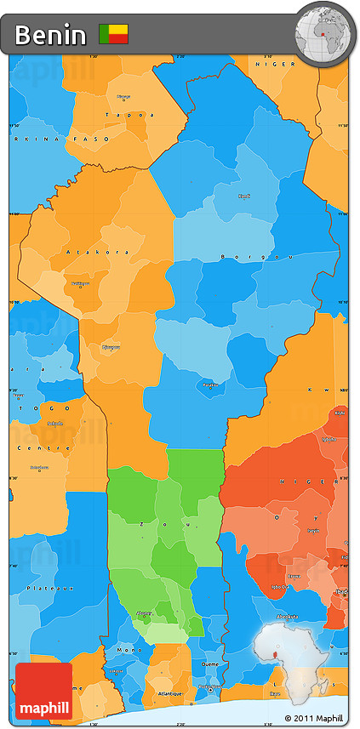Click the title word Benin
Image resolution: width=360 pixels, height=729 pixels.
(x=50, y=35)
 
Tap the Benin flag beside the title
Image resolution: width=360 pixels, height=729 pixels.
(x=113, y=34)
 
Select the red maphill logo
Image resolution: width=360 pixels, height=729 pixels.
(x=43, y=692)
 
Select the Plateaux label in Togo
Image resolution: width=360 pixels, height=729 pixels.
(x=41, y=588)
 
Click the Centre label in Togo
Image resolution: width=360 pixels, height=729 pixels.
(x=32, y=447)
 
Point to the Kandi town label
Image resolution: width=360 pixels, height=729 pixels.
(x=243, y=196)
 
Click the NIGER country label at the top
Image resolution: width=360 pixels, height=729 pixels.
(x=280, y=64)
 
